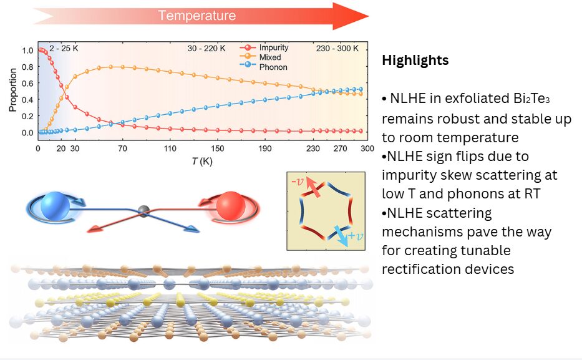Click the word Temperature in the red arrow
196,16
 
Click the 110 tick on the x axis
170,148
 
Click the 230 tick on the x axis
313,148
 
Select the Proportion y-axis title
13,91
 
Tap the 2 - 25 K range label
62,48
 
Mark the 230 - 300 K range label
342,48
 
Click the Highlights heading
415,61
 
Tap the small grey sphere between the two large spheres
144,212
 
